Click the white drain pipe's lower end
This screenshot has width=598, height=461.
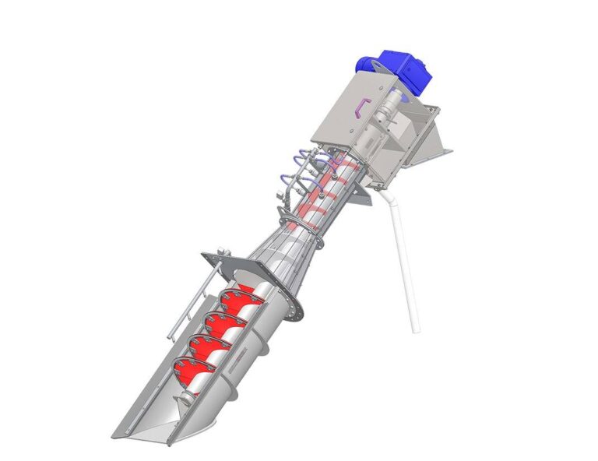tap(414, 327)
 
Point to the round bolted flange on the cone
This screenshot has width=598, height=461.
tap(294, 300)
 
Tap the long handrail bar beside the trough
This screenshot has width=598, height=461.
tap(187, 304)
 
